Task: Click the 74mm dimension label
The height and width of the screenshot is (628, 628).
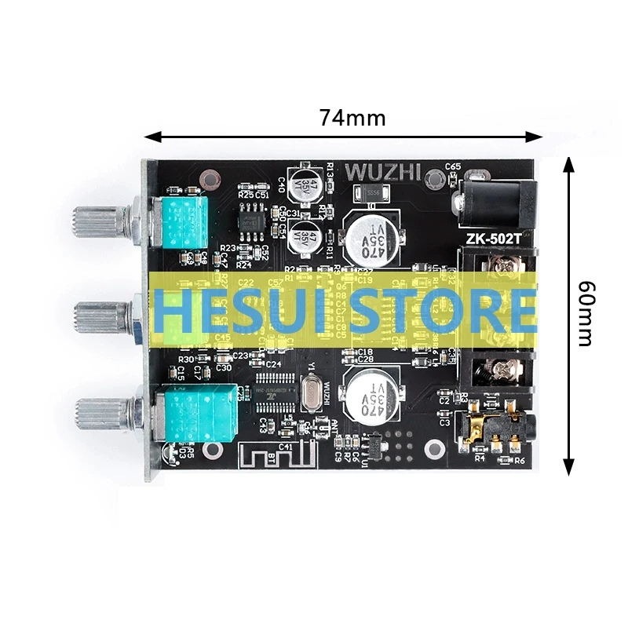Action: tap(352, 118)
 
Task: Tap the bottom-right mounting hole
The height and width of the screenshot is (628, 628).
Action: tap(433, 449)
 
